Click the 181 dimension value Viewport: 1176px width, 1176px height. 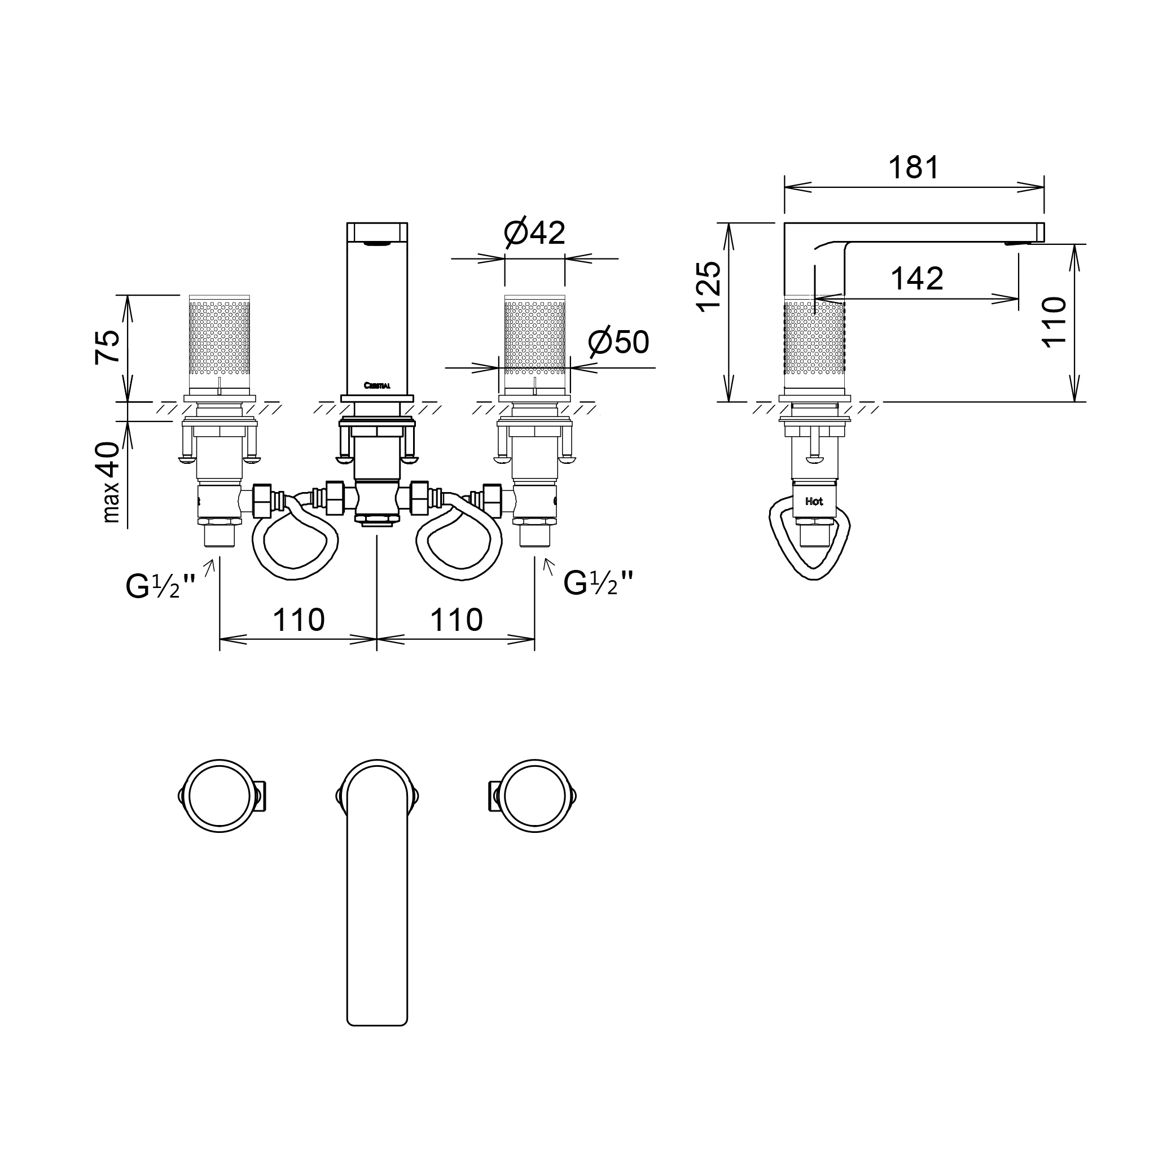pos(914,168)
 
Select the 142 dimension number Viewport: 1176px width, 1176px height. pos(916,279)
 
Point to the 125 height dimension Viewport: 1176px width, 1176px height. pos(710,287)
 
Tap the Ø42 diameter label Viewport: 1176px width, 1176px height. pos(534,232)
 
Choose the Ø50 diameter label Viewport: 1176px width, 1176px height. pos(618,343)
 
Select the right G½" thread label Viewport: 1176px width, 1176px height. pos(598,583)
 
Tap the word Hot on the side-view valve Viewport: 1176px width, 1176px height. pos(814,502)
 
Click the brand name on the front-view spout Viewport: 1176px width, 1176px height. pos(377,385)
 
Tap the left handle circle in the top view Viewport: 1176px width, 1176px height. pos(219,796)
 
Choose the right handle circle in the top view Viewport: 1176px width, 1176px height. pos(534,796)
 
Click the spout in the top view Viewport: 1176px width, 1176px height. pos(377,901)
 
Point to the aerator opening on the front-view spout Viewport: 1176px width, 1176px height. pos(377,243)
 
